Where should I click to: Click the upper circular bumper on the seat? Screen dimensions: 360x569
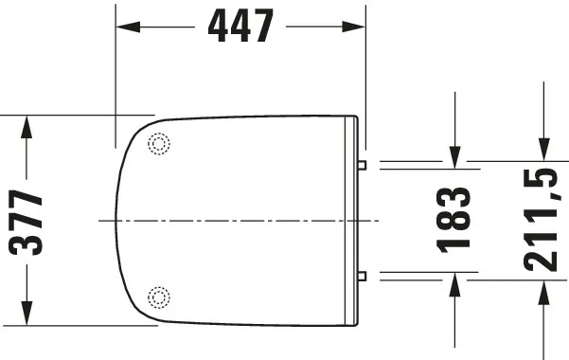pos(159,144)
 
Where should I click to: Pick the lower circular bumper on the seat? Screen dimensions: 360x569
pos(159,297)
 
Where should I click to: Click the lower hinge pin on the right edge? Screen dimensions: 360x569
pos(363,277)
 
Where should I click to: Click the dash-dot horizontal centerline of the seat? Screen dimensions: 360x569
pos(237,221)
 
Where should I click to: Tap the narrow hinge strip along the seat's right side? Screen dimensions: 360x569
pos(355,221)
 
